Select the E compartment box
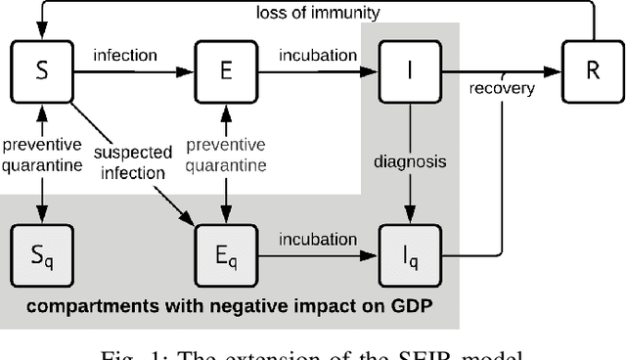pyautogui.click(x=227, y=68)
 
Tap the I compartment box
pyautogui.click(x=409, y=68)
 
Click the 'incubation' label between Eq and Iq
pyautogui.click(x=318, y=240)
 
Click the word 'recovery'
pyautogui.click(x=501, y=90)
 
